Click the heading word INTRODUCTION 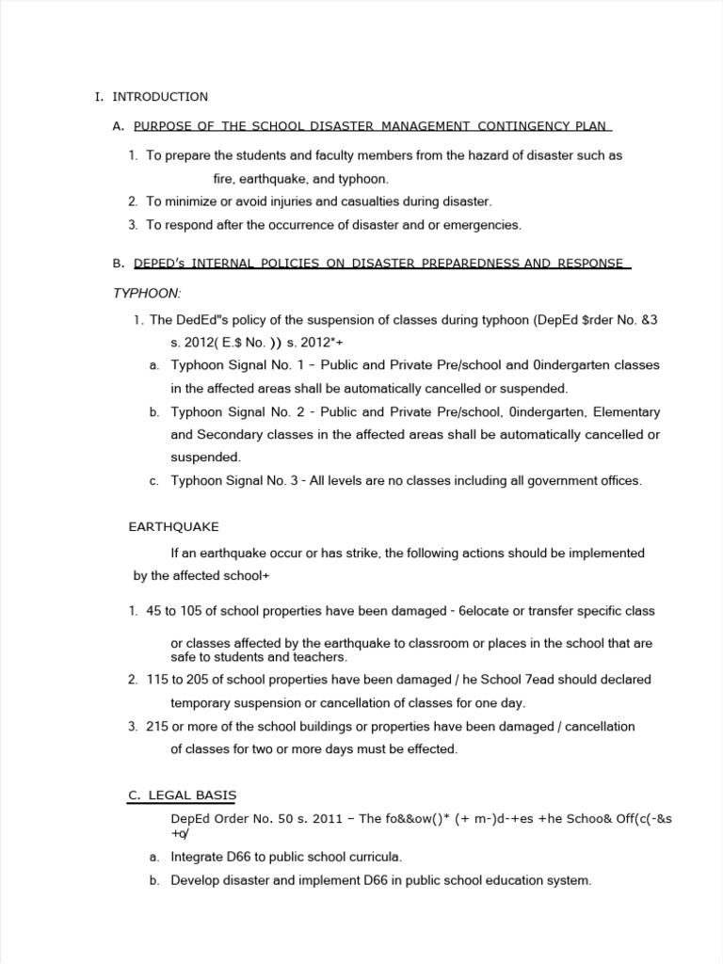(x=160, y=97)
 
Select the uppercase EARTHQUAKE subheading (x=173, y=526)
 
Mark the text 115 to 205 (x=175, y=679)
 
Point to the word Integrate (x=200, y=857)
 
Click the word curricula (x=373, y=857)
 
